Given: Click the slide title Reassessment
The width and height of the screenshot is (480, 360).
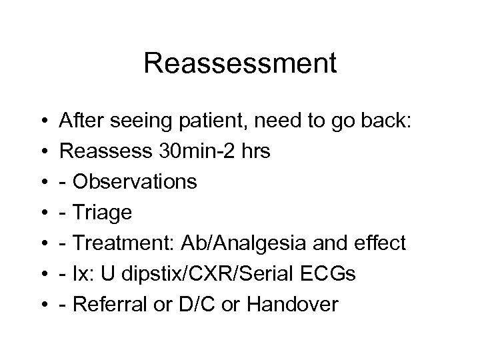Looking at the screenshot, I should point(240,64).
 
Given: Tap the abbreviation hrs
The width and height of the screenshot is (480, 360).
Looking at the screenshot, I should point(253,151).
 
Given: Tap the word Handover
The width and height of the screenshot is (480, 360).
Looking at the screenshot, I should point(291,305).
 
